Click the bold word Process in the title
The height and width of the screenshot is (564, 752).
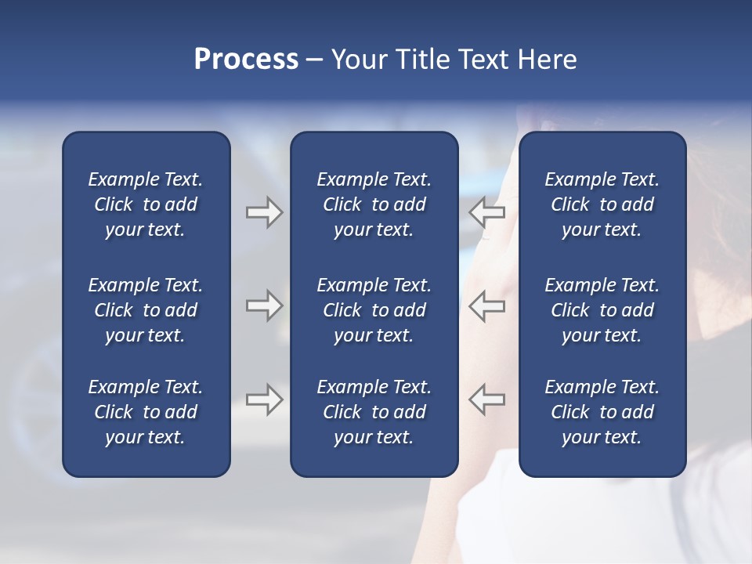tap(246, 60)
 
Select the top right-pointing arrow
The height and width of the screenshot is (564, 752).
tap(264, 212)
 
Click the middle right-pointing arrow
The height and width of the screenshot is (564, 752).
tap(264, 305)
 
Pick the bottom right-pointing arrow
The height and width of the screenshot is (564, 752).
tap(264, 399)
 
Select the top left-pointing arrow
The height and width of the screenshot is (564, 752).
tap(487, 212)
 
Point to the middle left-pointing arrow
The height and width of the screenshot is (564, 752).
tap(487, 305)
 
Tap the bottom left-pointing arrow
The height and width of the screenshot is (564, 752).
tap(487, 399)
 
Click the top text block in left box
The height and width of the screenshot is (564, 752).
tap(146, 204)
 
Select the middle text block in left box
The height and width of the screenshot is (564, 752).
tap(146, 310)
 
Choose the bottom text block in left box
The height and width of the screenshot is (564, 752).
tap(146, 412)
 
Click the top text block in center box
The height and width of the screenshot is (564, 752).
tap(374, 204)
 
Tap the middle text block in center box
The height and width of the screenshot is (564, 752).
tap(374, 310)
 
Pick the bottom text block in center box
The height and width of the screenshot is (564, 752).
tap(374, 412)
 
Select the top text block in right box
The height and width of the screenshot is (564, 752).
tap(602, 204)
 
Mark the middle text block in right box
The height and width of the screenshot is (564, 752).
tap(602, 310)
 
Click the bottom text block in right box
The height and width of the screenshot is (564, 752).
tap(602, 412)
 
